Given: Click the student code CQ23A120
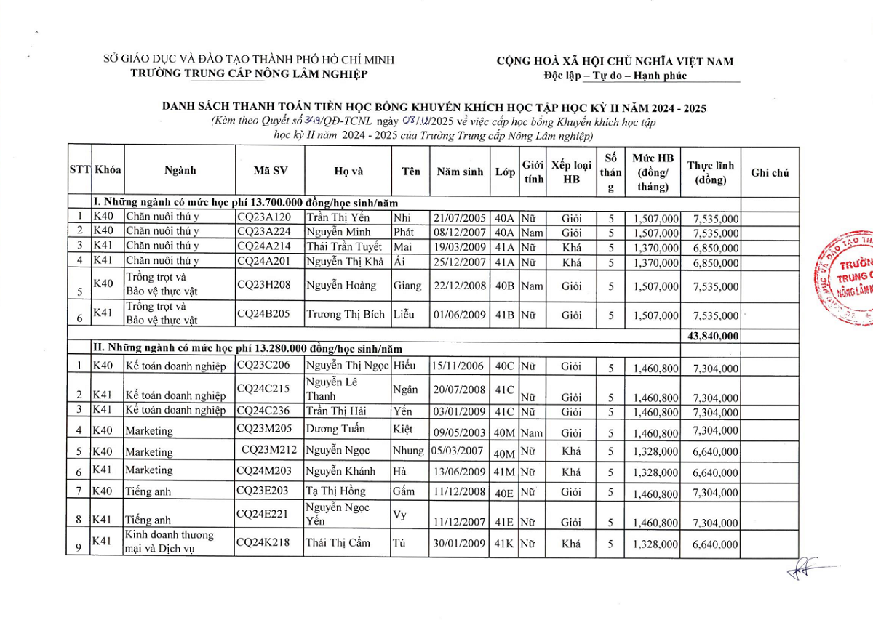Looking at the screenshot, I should pyautogui.click(x=264, y=217).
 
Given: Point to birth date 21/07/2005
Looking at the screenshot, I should pyautogui.click(x=459, y=217).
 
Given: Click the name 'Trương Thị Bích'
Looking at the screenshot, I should pyautogui.click(x=344, y=315).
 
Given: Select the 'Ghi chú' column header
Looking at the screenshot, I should pyautogui.click(x=770, y=172).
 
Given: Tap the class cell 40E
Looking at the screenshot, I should pyautogui.click(x=504, y=493).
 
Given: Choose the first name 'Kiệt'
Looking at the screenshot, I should pyautogui.click(x=403, y=429).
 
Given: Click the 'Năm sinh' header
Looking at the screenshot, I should pyautogui.click(x=460, y=172).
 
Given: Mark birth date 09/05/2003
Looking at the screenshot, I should pyautogui.click(x=459, y=431).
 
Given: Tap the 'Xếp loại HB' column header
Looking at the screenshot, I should pyautogui.click(x=572, y=172).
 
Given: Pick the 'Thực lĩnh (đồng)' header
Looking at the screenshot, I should pyautogui.click(x=711, y=172).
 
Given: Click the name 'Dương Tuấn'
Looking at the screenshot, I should pyautogui.click(x=335, y=429).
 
